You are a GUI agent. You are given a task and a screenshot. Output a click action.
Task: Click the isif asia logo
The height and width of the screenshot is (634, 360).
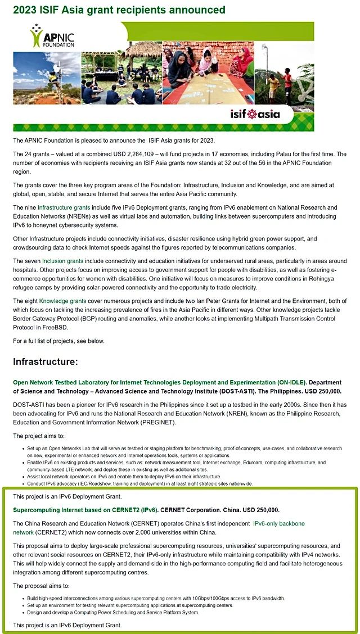(254, 114)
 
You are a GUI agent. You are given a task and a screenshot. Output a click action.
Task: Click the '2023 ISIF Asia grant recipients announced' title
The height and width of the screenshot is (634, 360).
(119, 10)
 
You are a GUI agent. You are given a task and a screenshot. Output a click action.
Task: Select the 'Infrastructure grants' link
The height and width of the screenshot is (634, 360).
(64, 208)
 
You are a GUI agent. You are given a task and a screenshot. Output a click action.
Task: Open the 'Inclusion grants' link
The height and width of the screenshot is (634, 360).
(62, 261)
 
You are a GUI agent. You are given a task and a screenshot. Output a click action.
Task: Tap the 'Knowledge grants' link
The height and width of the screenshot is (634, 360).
(62, 301)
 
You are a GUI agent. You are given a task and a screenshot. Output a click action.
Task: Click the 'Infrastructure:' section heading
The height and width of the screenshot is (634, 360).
(46, 361)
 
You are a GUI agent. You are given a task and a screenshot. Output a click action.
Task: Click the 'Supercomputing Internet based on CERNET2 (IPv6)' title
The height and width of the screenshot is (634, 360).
(85, 510)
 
